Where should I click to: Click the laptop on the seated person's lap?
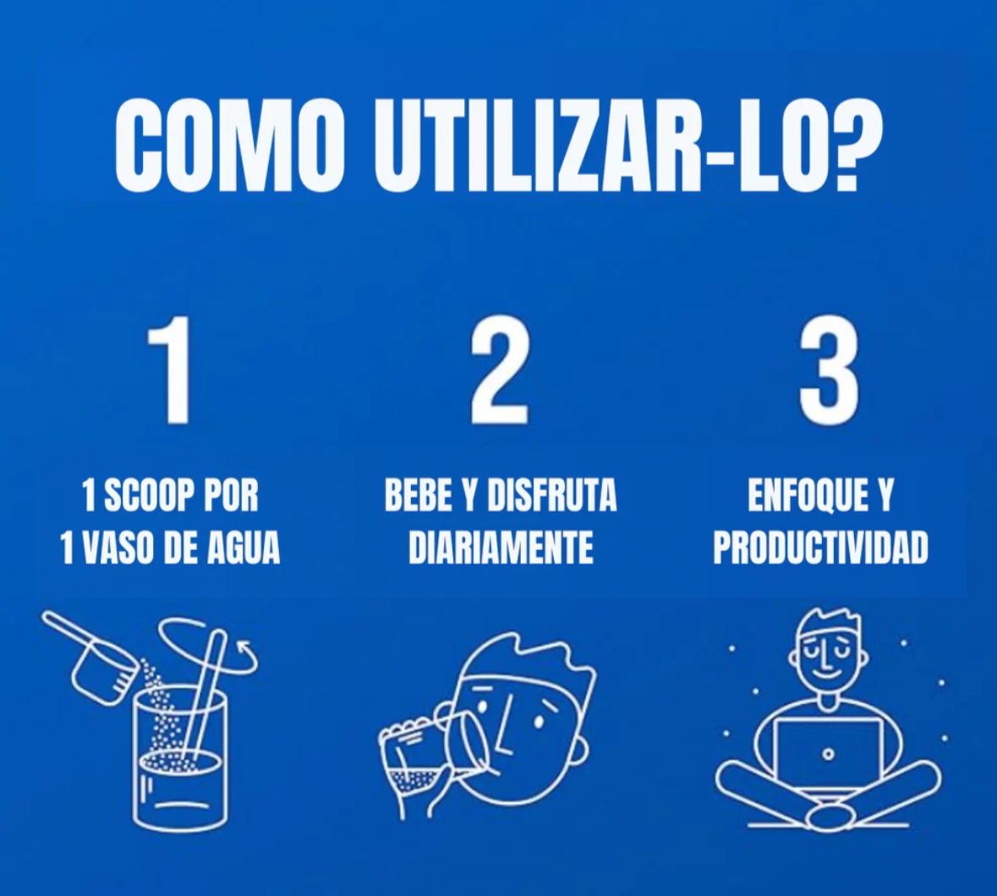click(828, 755)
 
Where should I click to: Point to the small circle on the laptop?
click(828, 756)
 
